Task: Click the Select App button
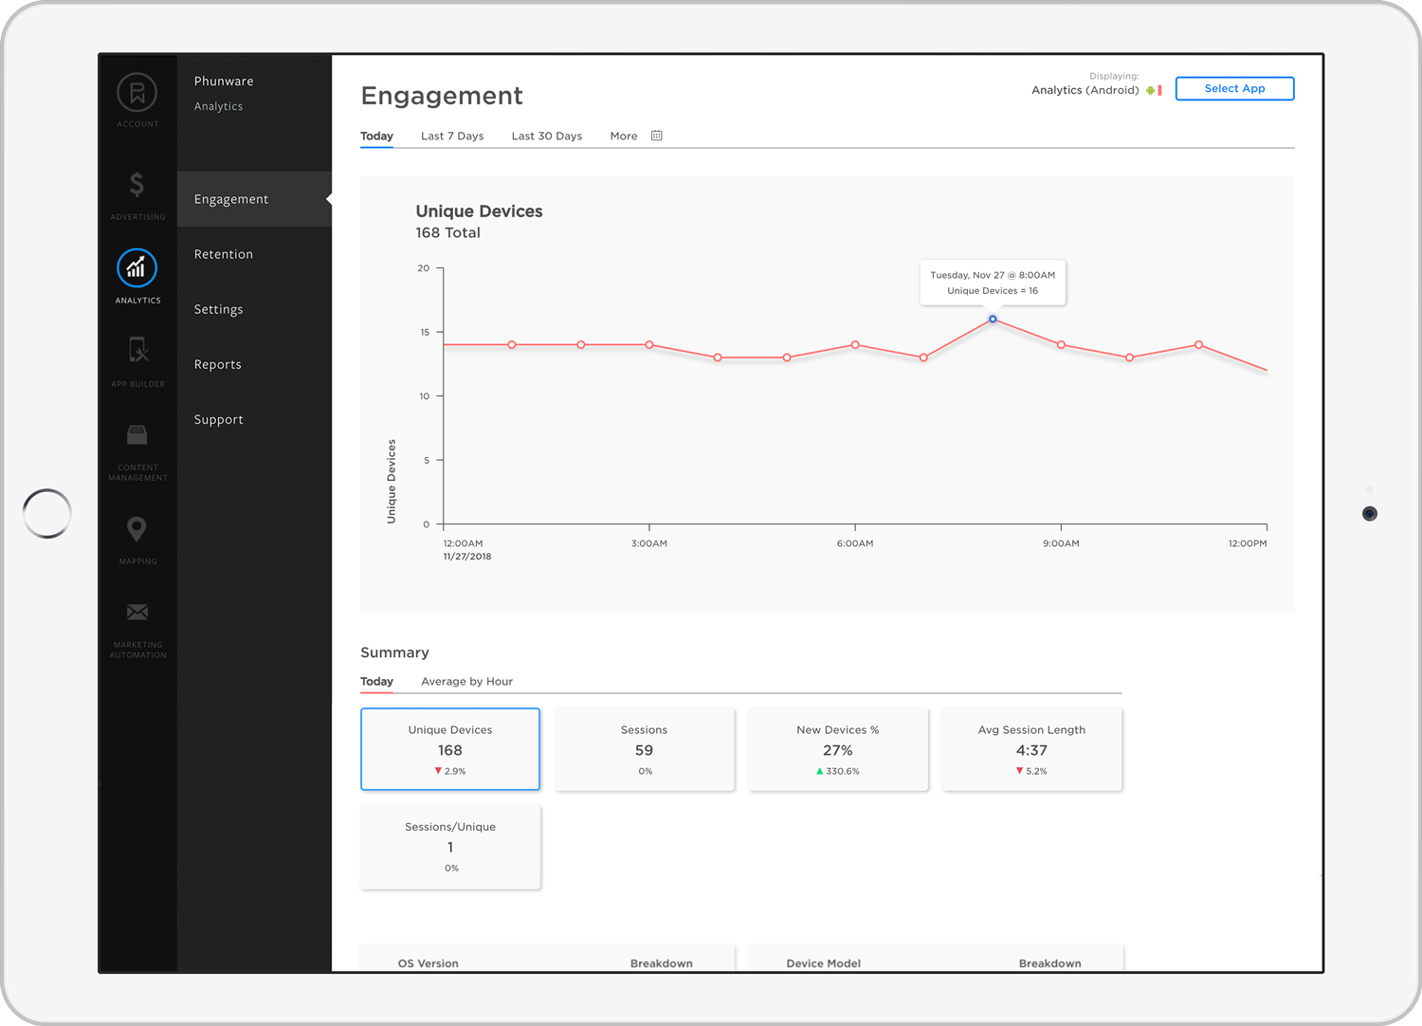[x=1234, y=88]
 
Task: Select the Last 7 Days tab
[x=452, y=136]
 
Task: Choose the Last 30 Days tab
[x=546, y=136]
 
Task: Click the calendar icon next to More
[x=657, y=136]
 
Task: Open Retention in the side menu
[x=224, y=254]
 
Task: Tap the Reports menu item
[x=218, y=364]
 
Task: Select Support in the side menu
[x=219, y=419]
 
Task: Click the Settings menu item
[x=219, y=309]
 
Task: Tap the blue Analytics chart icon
[x=137, y=268]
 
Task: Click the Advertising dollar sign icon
[x=137, y=185]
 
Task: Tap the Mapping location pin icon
[x=137, y=529]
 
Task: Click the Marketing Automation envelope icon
[x=137, y=613]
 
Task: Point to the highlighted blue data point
[x=993, y=320]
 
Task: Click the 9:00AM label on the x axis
[x=1061, y=543]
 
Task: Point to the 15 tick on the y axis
[x=425, y=332]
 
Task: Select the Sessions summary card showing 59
[x=644, y=749]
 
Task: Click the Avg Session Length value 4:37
[x=1031, y=750]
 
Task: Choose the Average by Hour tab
[x=466, y=681]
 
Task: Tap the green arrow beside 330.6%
[x=819, y=771]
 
